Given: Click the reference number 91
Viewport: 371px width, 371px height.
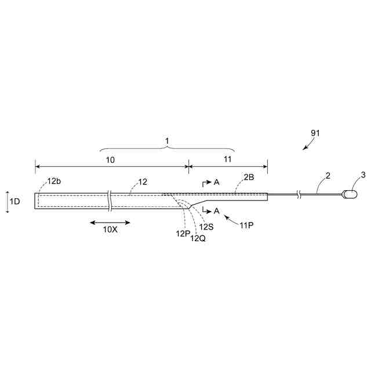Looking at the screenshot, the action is (x=315, y=133).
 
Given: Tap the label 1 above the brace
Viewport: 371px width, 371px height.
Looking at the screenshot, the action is (x=168, y=141).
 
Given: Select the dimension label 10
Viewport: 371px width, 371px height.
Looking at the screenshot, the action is (x=110, y=158).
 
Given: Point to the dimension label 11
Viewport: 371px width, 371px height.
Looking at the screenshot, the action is (x=227, y=158).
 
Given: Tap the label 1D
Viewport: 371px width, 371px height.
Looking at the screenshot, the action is (x=15, y=202).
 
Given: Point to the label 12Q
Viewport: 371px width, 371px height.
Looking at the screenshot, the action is (x=197, y=238).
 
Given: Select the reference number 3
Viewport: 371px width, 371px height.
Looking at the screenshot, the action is (x=363, y=174).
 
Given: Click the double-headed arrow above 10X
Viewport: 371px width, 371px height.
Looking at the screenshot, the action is (x=110, y=221).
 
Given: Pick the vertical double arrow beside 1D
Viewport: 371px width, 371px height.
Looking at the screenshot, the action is (x=6, y=202).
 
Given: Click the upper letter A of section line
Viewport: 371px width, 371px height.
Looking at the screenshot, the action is (x=216, y=182).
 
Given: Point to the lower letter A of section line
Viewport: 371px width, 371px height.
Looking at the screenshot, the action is (x=216, y=210).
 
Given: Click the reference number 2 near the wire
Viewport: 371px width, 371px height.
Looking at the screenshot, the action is (x=328, y=174).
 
